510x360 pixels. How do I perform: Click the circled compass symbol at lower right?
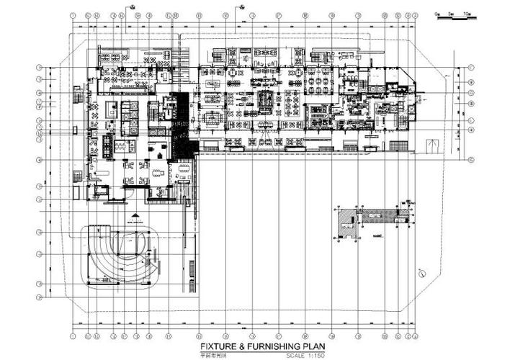coord(423,272)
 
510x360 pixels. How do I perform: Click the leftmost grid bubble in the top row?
coord(73,14)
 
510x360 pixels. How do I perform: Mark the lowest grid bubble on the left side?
coord(40,297)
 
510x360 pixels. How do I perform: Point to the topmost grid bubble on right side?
coord(469,68)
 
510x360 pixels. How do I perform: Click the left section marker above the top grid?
coord(134,6)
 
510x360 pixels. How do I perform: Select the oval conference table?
coord(180,170)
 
